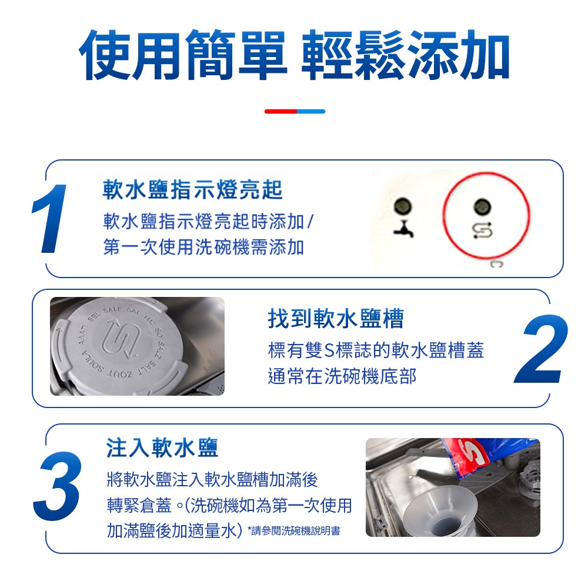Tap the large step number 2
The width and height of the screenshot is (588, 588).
pos(540,349)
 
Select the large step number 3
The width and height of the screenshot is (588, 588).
pos(57,486)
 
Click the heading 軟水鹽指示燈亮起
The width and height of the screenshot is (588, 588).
pos(192,190)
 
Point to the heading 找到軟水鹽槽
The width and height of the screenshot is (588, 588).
pos(336,318)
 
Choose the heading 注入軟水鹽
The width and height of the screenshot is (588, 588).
pos(162,447)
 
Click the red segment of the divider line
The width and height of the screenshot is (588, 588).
pos(281,111)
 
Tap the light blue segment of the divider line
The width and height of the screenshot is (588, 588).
pos(311,111)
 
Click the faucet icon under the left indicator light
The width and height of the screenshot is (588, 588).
pos(404,229)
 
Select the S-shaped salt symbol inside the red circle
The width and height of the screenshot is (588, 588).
pos(482,230)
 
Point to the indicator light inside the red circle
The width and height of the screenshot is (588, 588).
pos(482,206)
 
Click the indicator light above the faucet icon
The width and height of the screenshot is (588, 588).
pos(403,206)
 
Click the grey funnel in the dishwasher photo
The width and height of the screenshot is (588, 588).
pos(441,507)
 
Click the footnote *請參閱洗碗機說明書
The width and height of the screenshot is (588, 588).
pos(294,530)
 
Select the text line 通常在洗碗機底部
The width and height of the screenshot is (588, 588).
pos(342,376)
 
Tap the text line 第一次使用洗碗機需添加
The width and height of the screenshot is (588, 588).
pos(203,247)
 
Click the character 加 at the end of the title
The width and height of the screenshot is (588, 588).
pos(485,55)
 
